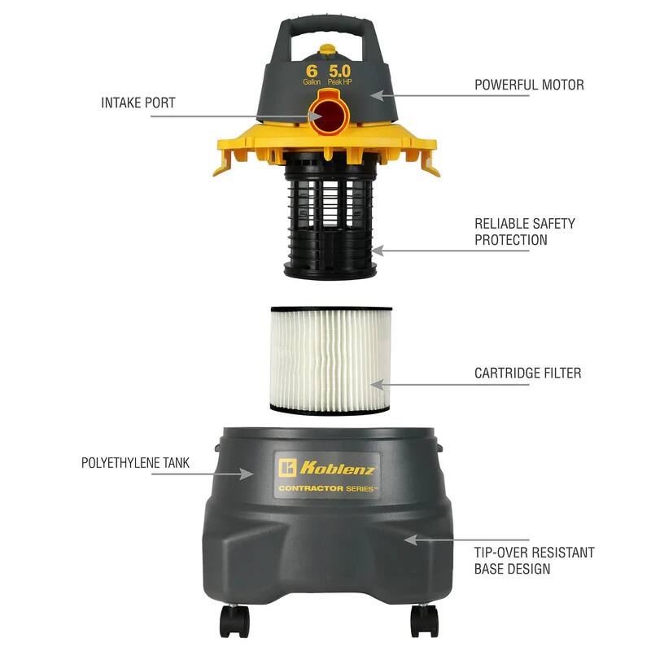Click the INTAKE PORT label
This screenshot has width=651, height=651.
point(138,103)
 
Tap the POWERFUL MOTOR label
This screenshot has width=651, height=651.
point(529,85)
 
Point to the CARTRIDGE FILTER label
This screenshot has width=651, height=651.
point(527,374)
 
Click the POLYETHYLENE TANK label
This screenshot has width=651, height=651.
point(135,463)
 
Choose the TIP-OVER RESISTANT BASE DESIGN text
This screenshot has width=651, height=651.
point(534,561)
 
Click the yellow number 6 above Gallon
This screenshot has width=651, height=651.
point(311,71)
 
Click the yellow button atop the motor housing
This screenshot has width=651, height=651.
point(327,50)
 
